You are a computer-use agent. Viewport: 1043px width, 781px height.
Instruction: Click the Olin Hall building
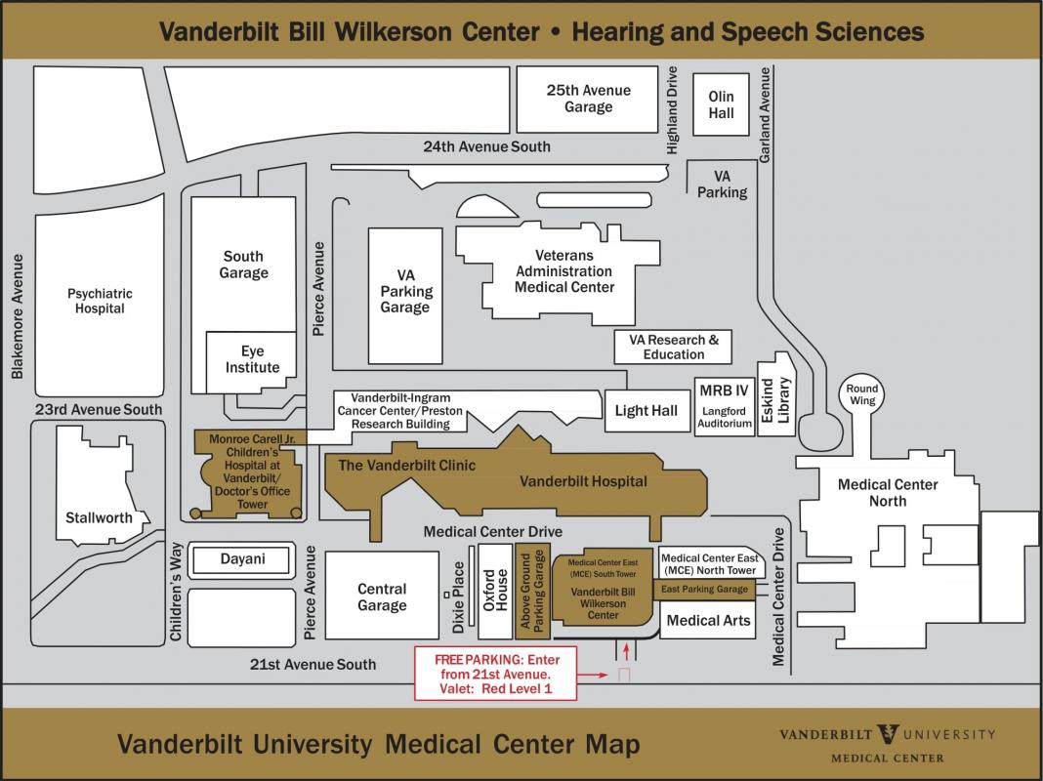click(x=721, y=104)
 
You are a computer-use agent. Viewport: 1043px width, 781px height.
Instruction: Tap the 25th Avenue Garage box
click(x=587, y=99)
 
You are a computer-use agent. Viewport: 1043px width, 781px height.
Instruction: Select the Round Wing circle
click(x=861, y=394)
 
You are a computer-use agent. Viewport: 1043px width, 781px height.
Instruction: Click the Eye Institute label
click(x=252, y=359)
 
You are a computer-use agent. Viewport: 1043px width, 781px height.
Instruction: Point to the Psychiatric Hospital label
click(x=100, y=301)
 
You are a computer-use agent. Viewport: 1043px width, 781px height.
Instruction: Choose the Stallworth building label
click(x=99, y=517)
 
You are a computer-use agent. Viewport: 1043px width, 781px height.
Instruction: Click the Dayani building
click(x=241, y=559)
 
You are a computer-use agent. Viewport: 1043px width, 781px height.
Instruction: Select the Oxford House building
click(x=495, y=591)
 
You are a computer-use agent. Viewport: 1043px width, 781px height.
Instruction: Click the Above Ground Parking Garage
click(x=532, y=591)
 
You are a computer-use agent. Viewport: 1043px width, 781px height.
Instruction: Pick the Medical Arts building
click(x=708, y=620)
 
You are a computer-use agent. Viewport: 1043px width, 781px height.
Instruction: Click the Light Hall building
click(x=646, y=411)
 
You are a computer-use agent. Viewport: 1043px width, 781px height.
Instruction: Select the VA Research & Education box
click(x=673, y=347)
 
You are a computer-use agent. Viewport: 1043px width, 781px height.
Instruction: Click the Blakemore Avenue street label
click(x=16, y=316)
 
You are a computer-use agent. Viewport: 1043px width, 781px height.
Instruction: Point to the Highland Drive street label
click(x=672, y=109)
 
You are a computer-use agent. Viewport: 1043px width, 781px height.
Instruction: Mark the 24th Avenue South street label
click(x=486, y=146)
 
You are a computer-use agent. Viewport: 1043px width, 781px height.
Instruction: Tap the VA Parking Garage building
click(x=404, y=292)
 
